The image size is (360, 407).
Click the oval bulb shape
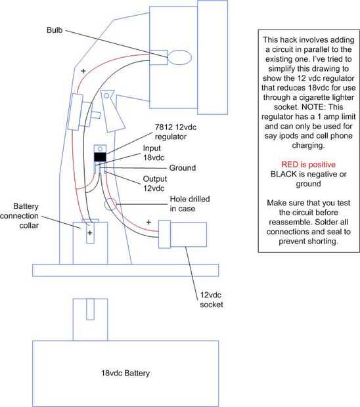[x=179, y=57]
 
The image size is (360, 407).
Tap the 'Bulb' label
[x=55, y=30]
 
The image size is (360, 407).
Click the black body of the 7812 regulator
[x=100, y=158]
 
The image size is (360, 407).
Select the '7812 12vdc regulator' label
[x=175, y=132]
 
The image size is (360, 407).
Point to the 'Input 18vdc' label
[x=154, y=153]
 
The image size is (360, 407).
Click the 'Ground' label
[x=183, y=167]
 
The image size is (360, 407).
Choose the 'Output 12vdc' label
[x=155, y=184]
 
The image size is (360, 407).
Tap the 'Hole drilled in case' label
[x=190, y=203]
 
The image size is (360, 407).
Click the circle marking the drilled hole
[x=110, y=204]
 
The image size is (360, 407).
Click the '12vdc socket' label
[x=211, y=300]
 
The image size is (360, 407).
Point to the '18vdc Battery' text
[x=125, y=374]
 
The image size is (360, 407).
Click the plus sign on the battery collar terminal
[x=90, y=233]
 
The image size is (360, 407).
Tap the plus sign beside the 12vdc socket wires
[x=148, y=222]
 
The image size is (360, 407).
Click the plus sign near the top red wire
[x=83, y=71]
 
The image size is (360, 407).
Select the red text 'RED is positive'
[x=308, y=164]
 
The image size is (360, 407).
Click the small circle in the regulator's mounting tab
[x=100, y=149]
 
